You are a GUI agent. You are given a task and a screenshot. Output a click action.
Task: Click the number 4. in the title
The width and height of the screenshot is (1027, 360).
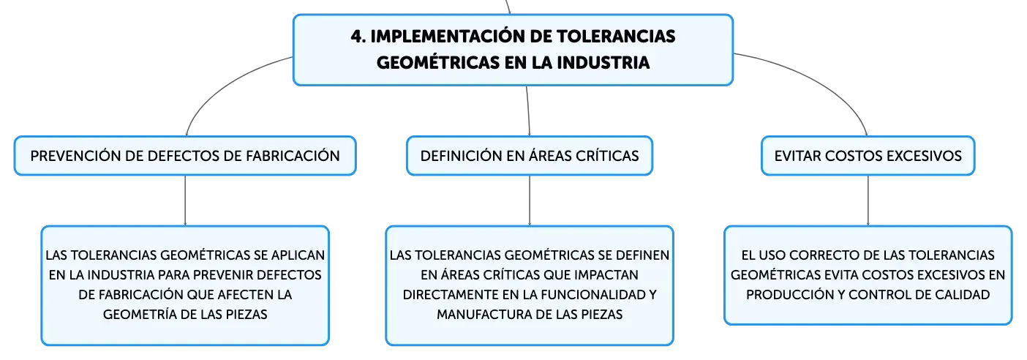358,37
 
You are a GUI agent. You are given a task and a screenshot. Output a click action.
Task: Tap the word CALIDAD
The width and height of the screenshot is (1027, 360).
966,294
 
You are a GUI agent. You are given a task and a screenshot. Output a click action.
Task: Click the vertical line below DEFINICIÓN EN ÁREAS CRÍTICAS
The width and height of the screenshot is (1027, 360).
530,200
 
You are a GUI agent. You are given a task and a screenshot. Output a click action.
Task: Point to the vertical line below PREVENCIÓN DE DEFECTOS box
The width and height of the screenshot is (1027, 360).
185,200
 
